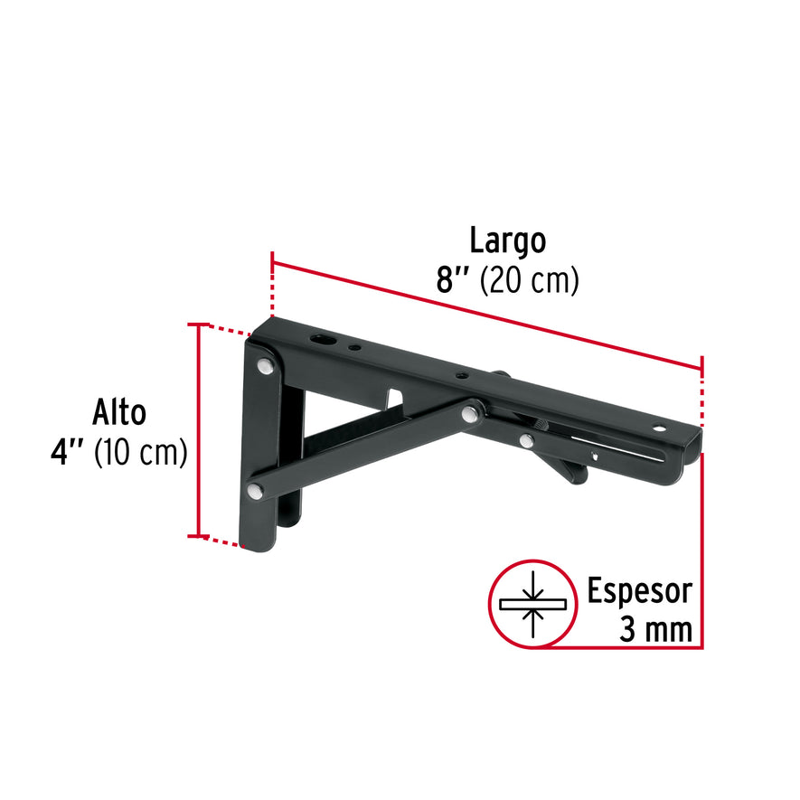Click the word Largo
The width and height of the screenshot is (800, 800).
[x=507, y=242]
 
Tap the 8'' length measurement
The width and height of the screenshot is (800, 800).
[x=452, y=281]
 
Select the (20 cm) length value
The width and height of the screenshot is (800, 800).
[x=529, y=281]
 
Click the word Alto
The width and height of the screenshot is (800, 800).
[x=118, y=412]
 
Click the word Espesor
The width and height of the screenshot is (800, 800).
[x=639, y=591]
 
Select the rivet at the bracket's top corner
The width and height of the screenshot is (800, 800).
[x=266, y=367]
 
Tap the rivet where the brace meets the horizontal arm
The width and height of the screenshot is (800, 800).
[x=470, y=414]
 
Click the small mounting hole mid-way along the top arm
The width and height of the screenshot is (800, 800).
[x=461, y=376]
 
